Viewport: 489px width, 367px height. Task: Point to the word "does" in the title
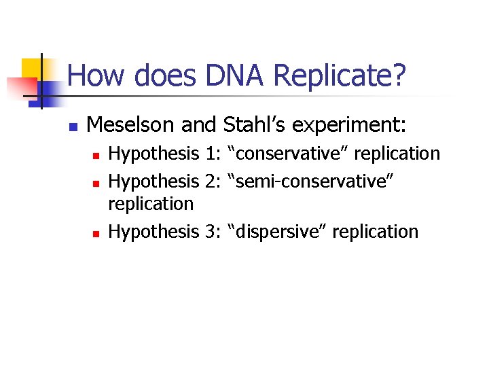click(x=158, y=75)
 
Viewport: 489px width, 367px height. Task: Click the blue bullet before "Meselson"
click(x=73, y=126)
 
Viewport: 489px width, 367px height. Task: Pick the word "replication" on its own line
click(x=151, y=204)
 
